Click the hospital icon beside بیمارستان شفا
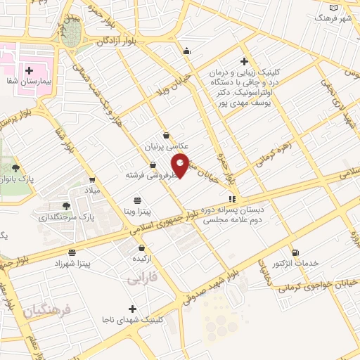tap(30, 70)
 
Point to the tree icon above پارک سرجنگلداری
tap(66, 205)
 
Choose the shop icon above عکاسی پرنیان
tap(166, 136)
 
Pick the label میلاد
tap(93, 191)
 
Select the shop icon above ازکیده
tap(142, 247)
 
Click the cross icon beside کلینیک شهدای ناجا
tap(132, 309)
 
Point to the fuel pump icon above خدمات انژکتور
tap(295, 252)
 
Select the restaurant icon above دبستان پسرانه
tap(232, 199)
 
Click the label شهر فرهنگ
tap(337, 17)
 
